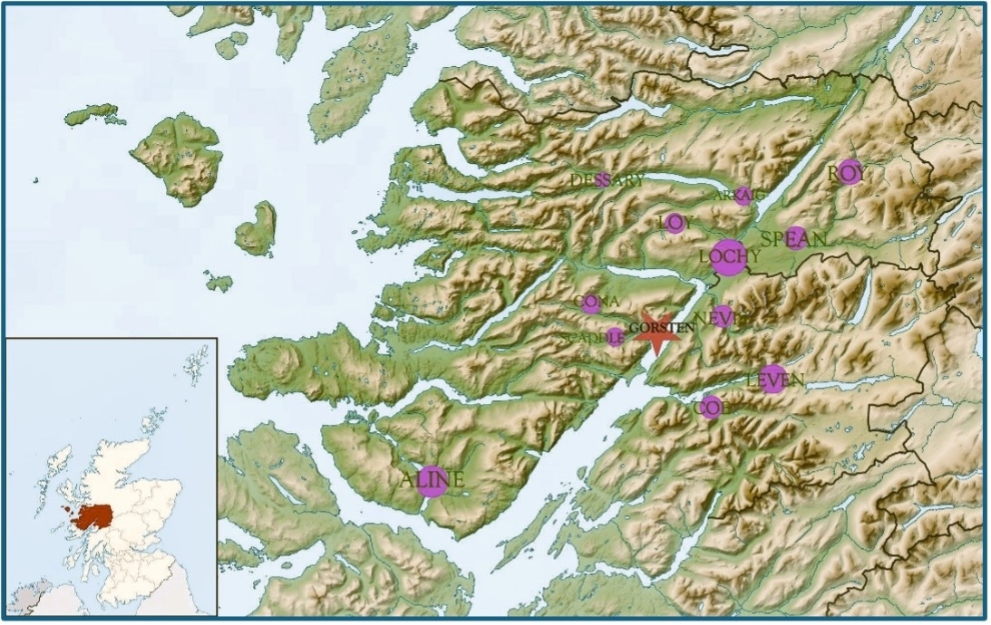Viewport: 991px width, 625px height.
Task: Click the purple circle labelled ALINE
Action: coord(433,481)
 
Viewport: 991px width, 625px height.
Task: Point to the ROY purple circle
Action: coord(849,171)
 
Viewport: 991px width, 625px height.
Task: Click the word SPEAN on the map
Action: coord(794,240)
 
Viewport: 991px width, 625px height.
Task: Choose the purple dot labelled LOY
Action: coord(675,223)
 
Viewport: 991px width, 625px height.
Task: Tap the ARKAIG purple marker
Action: coord(743,196)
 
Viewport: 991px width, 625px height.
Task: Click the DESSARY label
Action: coord(607,180)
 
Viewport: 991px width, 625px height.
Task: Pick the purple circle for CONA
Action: coord(591,304)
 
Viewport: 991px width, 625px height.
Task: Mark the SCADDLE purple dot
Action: coord(615,337)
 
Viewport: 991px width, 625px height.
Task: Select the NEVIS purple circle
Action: coord(722,316)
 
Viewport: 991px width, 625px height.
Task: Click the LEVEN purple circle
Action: coord(772,380)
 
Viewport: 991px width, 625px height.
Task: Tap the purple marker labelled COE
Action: coord(711,407)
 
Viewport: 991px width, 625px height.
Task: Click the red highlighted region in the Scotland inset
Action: coord(93,517)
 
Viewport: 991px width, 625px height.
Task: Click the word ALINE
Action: coord(432,481)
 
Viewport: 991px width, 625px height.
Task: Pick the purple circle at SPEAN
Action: coord(796,236)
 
